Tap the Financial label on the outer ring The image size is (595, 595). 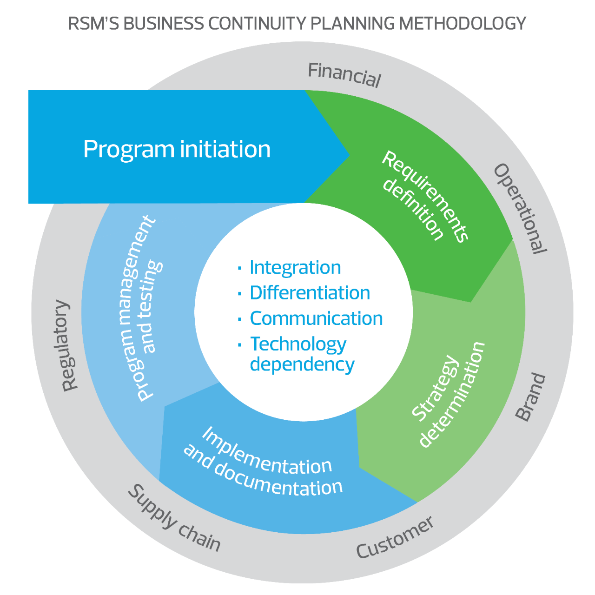[x=344, y=75]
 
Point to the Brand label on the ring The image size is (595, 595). [x=530, y=397]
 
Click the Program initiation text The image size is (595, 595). [x=177, y=149]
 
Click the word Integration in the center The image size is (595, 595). [x=295, y=268]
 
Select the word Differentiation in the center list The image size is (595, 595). [x=310, y=293]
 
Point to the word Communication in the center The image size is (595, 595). [x=316, y=319]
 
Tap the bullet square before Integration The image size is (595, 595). [x=240, y=268]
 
